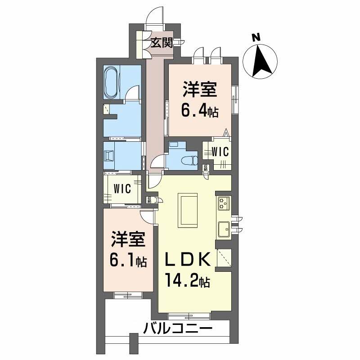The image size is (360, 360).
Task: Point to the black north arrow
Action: (x=261, y=61)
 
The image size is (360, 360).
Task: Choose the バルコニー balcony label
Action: (x=178, y=328)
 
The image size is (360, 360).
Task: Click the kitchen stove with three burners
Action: (x=224, y=203)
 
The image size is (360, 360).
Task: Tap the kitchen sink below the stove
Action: (x=224, y=229)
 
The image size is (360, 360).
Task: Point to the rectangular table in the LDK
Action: (x=188, y=209)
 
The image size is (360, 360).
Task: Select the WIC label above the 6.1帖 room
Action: (x=122, y=189)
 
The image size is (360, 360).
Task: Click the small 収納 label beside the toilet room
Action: (x=206, y=168)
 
